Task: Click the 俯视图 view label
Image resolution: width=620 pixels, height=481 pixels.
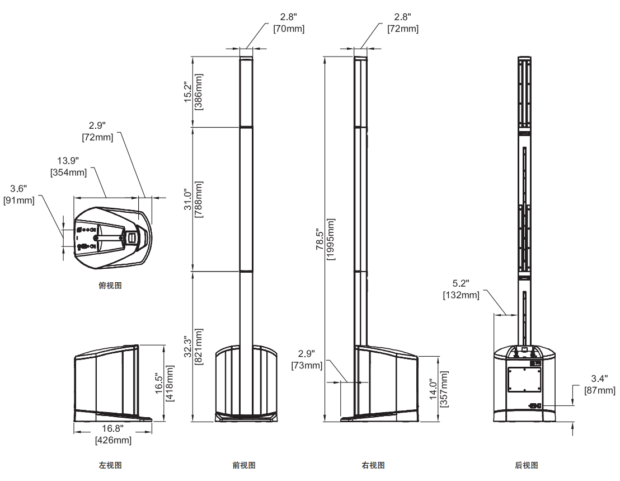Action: coord(110,286)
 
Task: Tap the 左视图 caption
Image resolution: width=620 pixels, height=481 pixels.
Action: coord(110,465)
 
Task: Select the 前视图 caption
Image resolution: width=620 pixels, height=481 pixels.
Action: coord(244,465)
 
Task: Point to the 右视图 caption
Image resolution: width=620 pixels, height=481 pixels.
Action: coord(373,465)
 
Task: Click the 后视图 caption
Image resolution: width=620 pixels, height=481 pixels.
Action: coord(527,465)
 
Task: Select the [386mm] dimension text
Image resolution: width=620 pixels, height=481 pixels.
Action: coord(199,92)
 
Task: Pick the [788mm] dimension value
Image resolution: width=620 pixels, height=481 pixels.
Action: coord(199,199)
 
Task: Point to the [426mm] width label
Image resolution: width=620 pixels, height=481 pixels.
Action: coord(114,440)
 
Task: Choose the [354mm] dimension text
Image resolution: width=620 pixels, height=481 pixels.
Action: coord(69,172)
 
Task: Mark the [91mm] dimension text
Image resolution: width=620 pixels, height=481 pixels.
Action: coord(19,199)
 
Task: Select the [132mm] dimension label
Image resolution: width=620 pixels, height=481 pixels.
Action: coord(461,295)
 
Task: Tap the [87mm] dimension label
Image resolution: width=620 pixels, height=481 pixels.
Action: coord(599,390)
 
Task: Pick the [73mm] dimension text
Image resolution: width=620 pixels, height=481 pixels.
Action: coord(307,366)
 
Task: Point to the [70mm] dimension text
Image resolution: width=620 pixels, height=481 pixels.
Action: coord(289,29)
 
